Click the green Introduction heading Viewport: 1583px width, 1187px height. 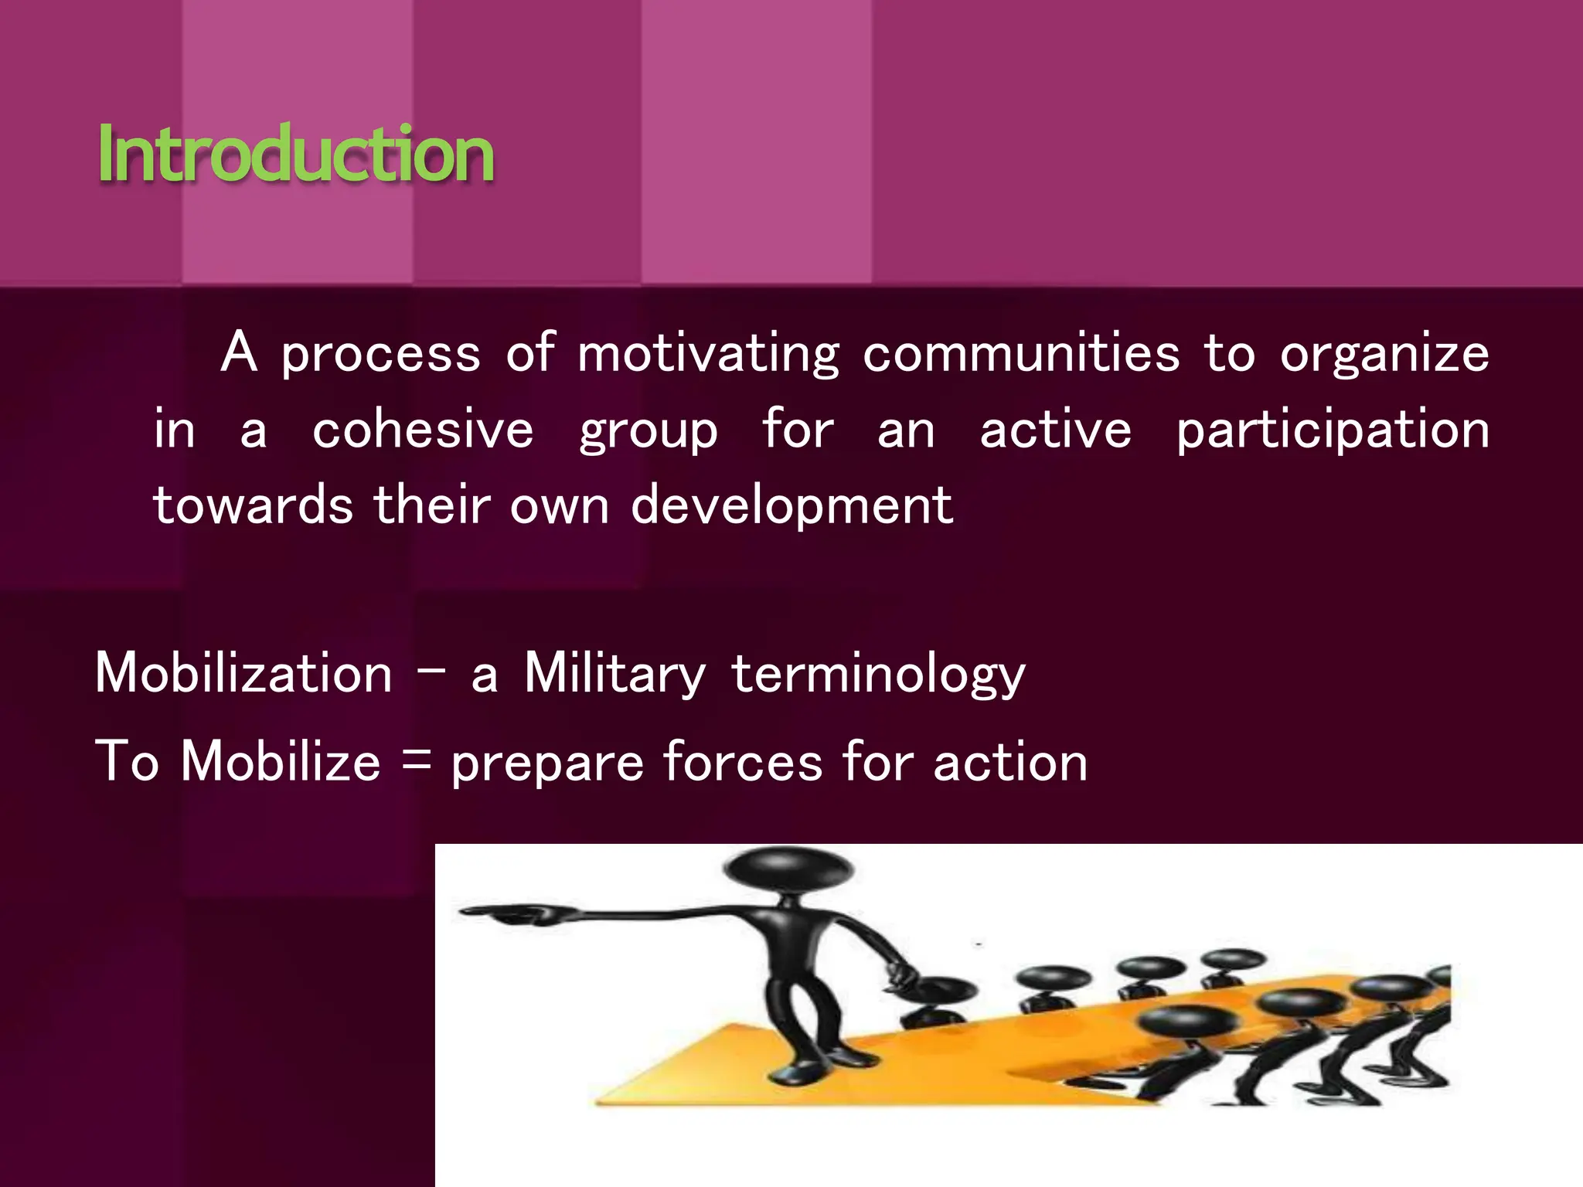pos(295,154)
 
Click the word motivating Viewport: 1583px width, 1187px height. pos(708,354)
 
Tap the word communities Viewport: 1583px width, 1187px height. pos(1020,353)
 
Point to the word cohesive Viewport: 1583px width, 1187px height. pos(423,430)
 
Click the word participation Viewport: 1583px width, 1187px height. pos(1333,431)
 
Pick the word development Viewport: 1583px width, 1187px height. pos(791,507)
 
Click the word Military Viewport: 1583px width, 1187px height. pos(614,673)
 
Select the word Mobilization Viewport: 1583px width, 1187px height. pos(243,673)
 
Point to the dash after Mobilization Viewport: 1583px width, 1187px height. pos(431,669)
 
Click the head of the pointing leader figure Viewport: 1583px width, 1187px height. pos(788,869)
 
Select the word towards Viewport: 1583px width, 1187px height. pos(253,505)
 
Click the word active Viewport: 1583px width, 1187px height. pos(1055,430)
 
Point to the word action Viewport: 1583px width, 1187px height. pos(1010,762)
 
